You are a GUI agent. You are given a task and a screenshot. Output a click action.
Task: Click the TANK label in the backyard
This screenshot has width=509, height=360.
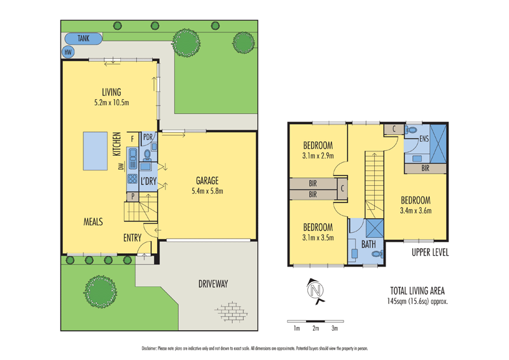click(83, 38)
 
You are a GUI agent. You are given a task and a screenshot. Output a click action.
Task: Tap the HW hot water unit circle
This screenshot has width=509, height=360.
click(67, 52)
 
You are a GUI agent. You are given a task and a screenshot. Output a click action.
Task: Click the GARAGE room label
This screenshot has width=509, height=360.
click(207, 180)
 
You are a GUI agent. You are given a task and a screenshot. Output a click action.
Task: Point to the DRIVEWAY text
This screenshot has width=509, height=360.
click(213, 284)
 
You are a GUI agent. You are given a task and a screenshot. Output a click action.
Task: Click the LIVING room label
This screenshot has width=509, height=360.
click(111, 92)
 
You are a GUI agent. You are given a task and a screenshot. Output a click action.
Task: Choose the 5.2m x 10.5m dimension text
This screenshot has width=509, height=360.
click(111, 102)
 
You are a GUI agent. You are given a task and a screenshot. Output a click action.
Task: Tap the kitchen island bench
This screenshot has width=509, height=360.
click(97, 152)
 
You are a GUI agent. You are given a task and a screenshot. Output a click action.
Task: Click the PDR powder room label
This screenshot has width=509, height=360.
click(148, 137)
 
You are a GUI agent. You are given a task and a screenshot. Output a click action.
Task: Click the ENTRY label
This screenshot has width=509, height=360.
click(133, 239)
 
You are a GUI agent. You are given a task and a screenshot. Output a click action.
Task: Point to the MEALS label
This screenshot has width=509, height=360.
click(93, 221)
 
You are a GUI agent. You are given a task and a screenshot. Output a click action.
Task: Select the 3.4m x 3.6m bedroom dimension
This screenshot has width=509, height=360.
click(415, 211)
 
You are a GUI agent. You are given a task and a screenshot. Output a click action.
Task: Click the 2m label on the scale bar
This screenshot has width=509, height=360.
click(316, 329)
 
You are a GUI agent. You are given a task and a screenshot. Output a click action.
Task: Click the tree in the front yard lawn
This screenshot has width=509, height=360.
click(100, 291)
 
